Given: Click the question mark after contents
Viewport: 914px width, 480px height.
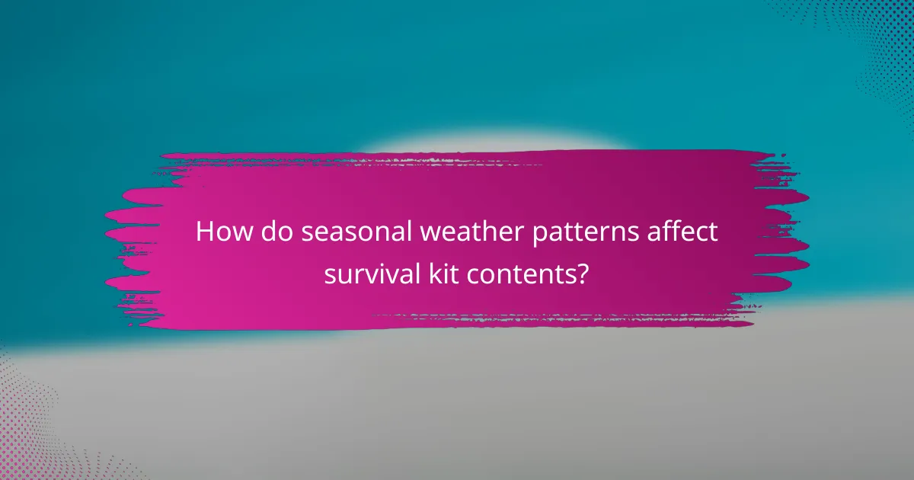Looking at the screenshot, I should point(583,273).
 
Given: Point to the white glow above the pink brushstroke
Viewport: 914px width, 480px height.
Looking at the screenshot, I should point(487,143).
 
